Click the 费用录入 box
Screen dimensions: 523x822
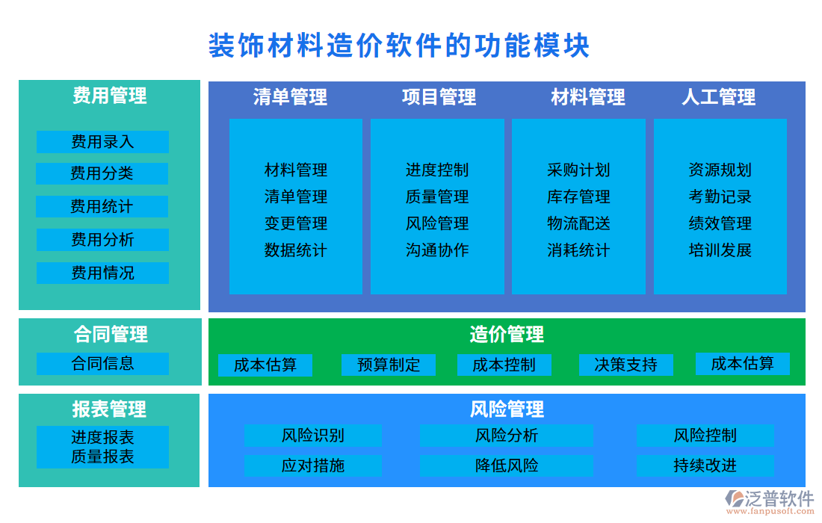pyautogui.click(x=102, y=142)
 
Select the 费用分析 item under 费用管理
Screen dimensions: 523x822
pyautogui.click(x=102, y=240)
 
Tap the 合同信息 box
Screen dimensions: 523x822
pyautogui.click(x=102, y=364)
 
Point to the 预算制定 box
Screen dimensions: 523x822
pyautogui.click(x=389, y=365)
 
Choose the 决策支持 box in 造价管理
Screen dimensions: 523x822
pyautogui.click(x=625, y=365)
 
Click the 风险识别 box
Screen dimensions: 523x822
pyautogui.click(x=312, y=436)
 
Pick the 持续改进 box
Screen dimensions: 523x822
pyautogui.click(x=704, y=465)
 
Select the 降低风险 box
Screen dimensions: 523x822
pyautogui.click(x=506, y=465)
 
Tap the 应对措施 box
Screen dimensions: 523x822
pyautogui.click(x=312, y=465)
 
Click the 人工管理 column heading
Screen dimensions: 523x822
pyautogui.click(x=718, y=97)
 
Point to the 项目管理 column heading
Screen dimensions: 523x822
pyautogui.click(x=439, y=97)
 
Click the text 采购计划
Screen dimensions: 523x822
pyautogui.click(x=578, y=170)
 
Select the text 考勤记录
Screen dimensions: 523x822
pyautogui.click(x=720, y=197)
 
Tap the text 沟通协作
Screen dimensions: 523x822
pyautogui.click(x=437, y=250)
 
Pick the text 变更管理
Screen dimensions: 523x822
pyautogui.click(x=296, y=223)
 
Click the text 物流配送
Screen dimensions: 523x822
pyautogui.click(x=578, y=223)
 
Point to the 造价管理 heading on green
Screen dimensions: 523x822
pyautogui.click(x=507, y=334)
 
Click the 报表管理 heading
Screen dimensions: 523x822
pyautogui.click(x=109, y=409)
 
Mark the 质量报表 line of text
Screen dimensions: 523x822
pyautogui.click(x=102, y=457)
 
